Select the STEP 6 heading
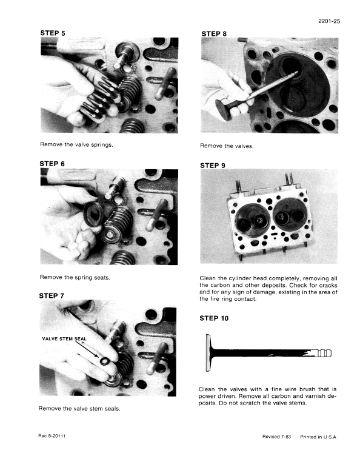point(53,164)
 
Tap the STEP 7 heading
point(52,295)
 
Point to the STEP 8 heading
point(213,34)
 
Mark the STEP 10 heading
point(215,318)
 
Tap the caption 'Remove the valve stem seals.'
point(79,408)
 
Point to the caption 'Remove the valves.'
point(227,146)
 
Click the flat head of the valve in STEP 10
point(208,354)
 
